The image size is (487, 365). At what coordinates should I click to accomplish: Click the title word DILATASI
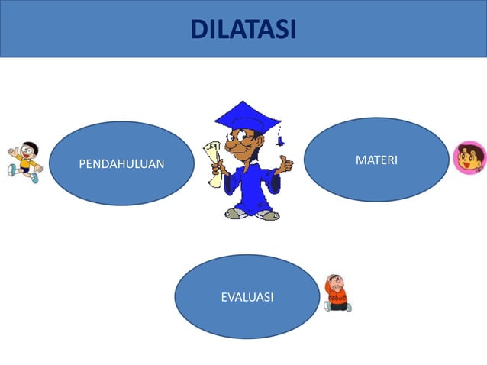[x=243, y=29]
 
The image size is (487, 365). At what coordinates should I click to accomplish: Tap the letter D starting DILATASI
[x=198, y=29]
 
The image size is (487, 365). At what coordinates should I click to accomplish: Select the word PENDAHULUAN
[x=121, y=163]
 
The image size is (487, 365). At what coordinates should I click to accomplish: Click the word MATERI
[x=376, y=160]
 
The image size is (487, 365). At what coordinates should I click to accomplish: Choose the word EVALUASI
[x=247, y=297]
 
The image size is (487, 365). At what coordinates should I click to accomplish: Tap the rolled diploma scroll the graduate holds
[x=213, y=162]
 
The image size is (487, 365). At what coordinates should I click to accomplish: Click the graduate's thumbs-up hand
[x=285, y=163]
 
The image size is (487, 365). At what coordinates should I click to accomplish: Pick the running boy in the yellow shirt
[x=25, y=160]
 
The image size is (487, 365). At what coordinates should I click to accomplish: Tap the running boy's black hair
[x=30, y=144]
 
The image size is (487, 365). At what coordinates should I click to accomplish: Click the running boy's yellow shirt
[x=26, y=163]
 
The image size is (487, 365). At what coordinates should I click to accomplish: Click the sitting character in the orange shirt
[x=336, y=293]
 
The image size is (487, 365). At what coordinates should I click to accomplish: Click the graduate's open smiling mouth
[x=248, y=150]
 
